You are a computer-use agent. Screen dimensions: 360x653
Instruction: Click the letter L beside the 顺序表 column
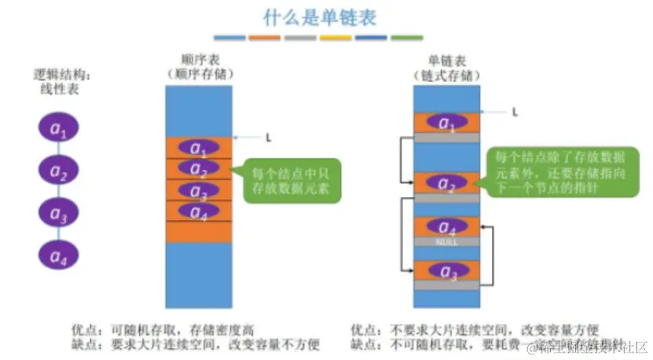click(269, 138)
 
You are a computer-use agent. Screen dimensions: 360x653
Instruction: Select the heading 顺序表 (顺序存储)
click(197, 66)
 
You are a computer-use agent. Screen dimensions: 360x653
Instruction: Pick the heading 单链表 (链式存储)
click(446, 66)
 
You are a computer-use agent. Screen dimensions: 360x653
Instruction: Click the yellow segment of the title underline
click(336, 38)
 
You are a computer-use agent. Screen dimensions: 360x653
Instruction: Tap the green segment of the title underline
click(406, 38)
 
